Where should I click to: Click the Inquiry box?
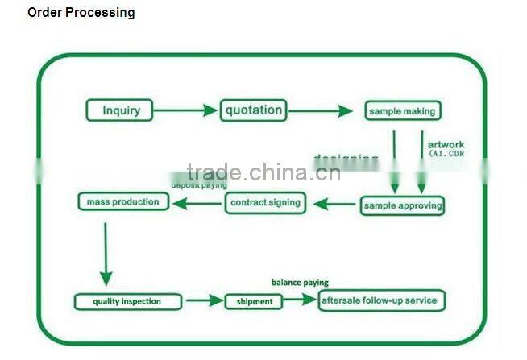(x=121, y=110)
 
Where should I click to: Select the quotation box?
(x=253, y=110)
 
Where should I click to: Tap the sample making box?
(x=402, y=111)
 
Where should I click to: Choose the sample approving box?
(x=402, y=205)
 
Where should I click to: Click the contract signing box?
(x=265, y=202)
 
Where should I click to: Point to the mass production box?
(x=123, y=201)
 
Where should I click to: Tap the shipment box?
(x=253, y=302)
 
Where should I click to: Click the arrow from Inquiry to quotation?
(x=185, y=110)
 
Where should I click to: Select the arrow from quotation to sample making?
(x=320, y=110)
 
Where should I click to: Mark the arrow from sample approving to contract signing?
(x=335, y=204)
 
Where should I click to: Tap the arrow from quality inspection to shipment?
(x=204, y=301)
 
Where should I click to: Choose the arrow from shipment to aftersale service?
(x=300, y=300)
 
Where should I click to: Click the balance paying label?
(x=299, y=283)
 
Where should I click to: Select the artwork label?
(x=446, y=145)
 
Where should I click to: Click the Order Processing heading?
(x=81, y=13)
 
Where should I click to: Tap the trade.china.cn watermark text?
(x=263, y=172)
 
